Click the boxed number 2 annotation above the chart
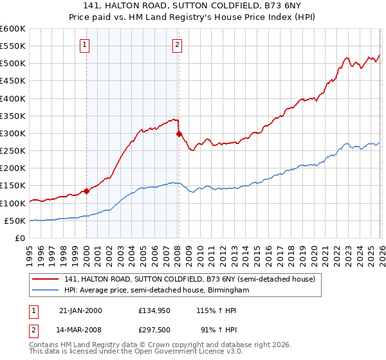tap(177, 44)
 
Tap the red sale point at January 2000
tap(86, 191)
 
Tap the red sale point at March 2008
tap(179, 134)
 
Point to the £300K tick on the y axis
tap(13, 133)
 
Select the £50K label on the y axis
tap(15, 221)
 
